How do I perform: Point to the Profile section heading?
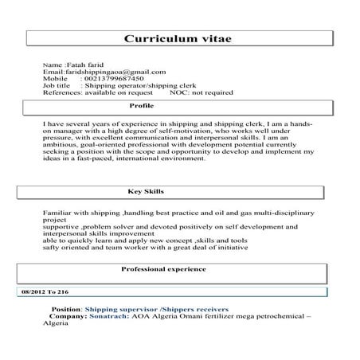click(x=141, y=105)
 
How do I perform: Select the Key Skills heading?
click(x=144, y=191)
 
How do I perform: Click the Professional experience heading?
click(x=163, y=269)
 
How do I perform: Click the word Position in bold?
click(x=65, y=307)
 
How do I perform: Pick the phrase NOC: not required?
click(x=202, y=92)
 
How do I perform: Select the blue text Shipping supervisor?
click(x=118, y=307)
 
